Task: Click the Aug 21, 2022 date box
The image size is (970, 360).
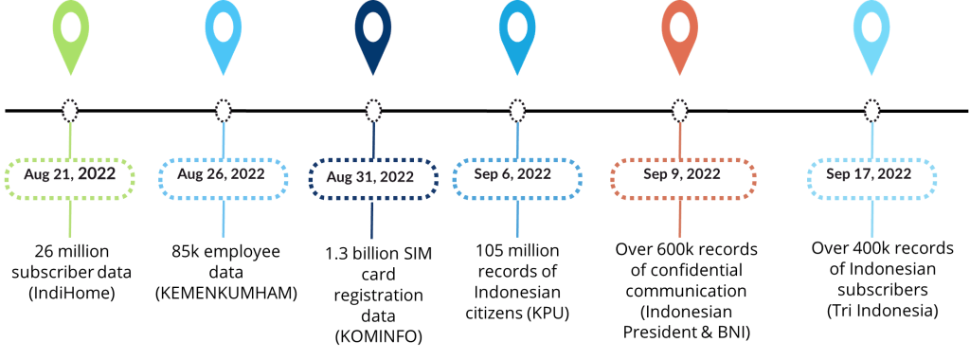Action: click(70, 175)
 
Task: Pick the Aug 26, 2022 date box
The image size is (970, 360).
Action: click(222, 175)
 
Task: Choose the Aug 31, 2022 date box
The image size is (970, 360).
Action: click(371, 176)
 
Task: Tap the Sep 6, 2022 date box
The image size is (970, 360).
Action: click(516, 174)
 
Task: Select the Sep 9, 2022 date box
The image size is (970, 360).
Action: click(682, 175)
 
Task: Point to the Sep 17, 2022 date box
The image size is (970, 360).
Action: click(869, 174)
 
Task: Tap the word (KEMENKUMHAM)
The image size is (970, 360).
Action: click(221, 293)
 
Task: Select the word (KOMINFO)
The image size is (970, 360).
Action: click(371, 333)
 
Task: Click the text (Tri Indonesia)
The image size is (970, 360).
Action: click(869, 309)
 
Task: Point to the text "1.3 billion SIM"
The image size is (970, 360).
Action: click(371, 254)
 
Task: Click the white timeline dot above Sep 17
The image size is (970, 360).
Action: click(869, 110)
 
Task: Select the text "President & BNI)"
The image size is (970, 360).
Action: click(682, 333)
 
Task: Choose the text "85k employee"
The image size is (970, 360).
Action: click(221, 252)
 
